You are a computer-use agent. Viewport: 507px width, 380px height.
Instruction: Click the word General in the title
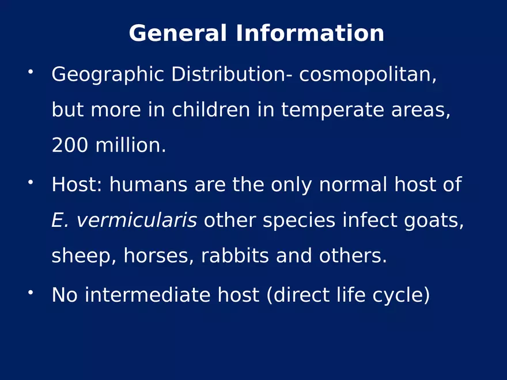click(x=178, y=33)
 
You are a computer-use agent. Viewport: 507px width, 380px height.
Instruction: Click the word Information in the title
click(x=310, y=33)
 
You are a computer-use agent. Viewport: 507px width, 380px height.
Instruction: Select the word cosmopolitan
click(x=368, y=75)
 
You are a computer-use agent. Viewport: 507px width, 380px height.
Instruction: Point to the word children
click(x=211, y=109)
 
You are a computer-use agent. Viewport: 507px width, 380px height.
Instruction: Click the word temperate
click(x=332, y=111)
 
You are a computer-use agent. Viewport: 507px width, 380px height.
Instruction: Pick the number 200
click(x=70, y=145)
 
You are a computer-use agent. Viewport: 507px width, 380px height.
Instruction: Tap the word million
click(x=131, y=145)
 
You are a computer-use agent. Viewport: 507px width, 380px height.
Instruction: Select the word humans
click(x=149, y=184)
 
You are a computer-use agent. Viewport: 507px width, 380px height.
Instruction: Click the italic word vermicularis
click(x=137, y=221)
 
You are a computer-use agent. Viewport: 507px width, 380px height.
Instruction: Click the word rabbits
click(x=235, y=256)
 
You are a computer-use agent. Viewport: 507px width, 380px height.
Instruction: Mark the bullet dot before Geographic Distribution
click(x=31, y=72)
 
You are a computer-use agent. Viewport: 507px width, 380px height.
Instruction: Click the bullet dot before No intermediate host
click(x=31, y=292)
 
